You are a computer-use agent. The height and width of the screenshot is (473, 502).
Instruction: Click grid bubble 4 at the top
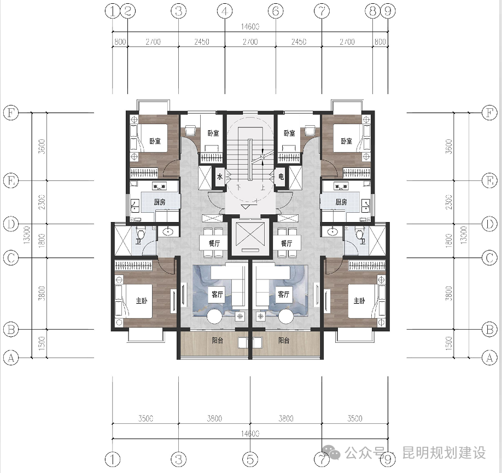(x=224, y=10)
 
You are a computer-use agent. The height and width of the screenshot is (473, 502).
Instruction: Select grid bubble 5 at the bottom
(x=250, y=457)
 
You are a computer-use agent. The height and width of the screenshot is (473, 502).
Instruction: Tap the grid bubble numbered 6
(x=276, y=10)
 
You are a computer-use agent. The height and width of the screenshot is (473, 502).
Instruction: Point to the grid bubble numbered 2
(x=127, y=10)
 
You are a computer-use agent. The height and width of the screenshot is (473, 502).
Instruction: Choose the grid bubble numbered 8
(x=373, y=10)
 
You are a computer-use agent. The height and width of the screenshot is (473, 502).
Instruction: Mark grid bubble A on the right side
(x=491, y=358)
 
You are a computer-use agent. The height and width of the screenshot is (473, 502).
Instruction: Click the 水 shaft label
(x=219, y=177)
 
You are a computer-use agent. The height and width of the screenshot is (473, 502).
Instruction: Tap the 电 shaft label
(x=281, y=177)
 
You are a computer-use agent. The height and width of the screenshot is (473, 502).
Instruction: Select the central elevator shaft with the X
(x=250, y=236)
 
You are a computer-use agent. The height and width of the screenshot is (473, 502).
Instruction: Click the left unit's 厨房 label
(x=159, y=202)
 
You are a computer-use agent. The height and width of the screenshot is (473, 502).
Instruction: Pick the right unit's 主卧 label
(x=359, y=301)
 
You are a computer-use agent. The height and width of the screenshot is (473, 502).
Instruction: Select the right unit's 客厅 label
(x=283, y=294)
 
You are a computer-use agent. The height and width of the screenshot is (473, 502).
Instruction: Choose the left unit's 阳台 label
(x=218, y=340)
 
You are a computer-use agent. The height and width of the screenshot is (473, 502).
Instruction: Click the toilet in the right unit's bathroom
(x=360, y=235)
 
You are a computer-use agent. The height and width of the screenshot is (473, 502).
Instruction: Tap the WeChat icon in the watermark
(x=332, y=453)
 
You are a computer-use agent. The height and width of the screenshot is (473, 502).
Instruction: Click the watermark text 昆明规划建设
(x=444, y=453)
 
